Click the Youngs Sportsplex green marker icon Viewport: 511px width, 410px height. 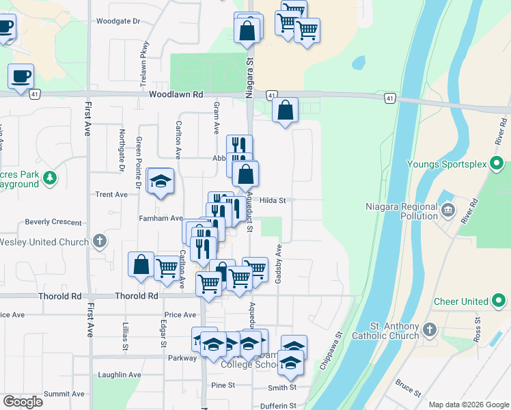pyautogui.click(x=497, y=165)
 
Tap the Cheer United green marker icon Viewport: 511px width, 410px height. pyautogui.click(x=499, y=301)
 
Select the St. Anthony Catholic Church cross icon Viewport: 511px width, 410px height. pyautogui.click(x=429, y=330)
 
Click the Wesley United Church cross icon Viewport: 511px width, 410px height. pyautogui.click(x=100, y=241)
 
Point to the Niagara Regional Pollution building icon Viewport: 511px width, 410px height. pyautogui.click(x=447, y=208)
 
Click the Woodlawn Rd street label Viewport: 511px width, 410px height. pyautogui.click(x=177, y=95)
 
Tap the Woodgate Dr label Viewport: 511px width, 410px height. pyautogui.click(x=118, y=21)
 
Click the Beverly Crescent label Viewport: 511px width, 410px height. pyautogui.click(x=53, y=222)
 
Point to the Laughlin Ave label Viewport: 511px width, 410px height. pyautogui.click(x=120, y=374)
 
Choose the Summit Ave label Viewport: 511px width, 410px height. pyautogui.click(x=64, y=394)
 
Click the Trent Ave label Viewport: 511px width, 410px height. pyautogui.click(x=111, y=195)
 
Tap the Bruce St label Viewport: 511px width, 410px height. pyautogui.click(x=409, y=387)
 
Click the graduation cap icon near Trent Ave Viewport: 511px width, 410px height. pyautogui.click(x=161, y=181)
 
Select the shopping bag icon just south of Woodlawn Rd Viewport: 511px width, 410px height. pyautogui.click(x=285, y=110)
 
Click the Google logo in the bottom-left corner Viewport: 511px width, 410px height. pyautogui.click(x=23, y=401)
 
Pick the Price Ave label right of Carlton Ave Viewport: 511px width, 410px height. pyautogui.click(x=180, y=315)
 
